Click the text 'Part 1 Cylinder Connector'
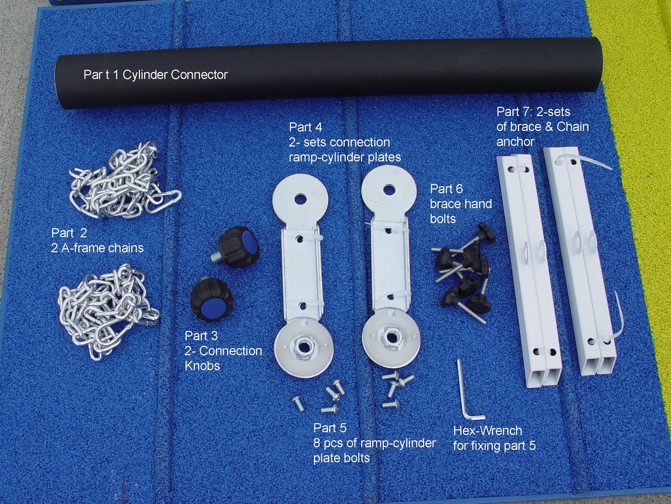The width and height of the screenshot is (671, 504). pyautogui.click(x=156, y=75)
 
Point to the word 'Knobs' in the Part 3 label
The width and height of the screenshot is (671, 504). pyautogui.click(x=202, y=365)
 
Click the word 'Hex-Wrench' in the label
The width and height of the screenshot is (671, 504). pyautogui.click(x=488, y=431)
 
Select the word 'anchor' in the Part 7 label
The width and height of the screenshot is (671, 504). pyautogui.click(x=515, y=142)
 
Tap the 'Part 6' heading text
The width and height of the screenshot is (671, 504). pyautogui.click(x=446, y=189)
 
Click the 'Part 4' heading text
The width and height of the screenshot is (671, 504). pyautogui.click(x=305, y=127)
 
